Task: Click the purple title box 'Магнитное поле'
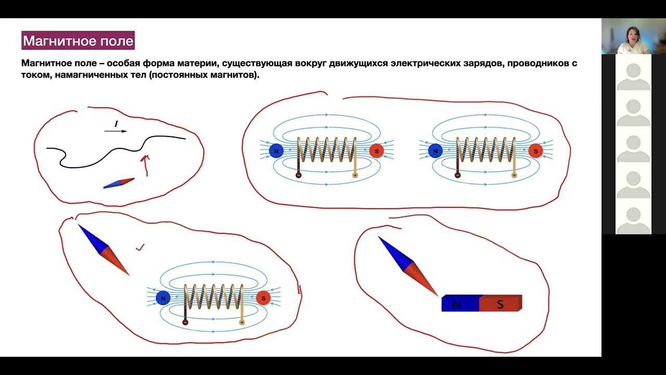click(x=78, y=40)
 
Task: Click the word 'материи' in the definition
click(x=194, y=64)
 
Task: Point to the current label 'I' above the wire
click(x=116, y=124)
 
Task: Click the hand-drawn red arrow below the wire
click(x=146, y=165)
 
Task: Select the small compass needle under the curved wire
click(x=119, y=183)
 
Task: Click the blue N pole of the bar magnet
click(x=460, y=304)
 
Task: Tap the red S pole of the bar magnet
click(x=501, y=304)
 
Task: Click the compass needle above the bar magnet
click(x=408, y=266)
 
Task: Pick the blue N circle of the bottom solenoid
click(x=163, y=298)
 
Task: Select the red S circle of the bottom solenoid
click(x=263, y=298)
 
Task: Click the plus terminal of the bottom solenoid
click(x=242, y=322)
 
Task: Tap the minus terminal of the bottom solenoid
click(x=185, y=322)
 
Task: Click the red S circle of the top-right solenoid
click(x=536, y=151)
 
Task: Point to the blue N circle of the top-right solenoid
click(x=436, y=151)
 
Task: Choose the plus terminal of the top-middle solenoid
click(x=355, y=176)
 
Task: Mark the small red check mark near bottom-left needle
click(x=140, y=247)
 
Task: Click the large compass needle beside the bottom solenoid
click(x=104, y=250)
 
